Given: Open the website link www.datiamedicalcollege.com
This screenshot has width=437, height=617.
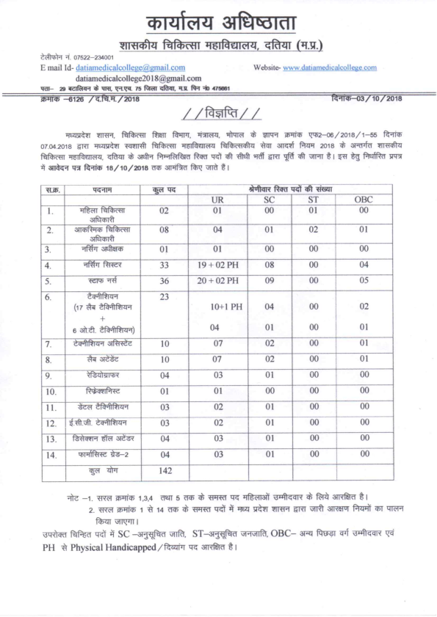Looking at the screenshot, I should (330, 67).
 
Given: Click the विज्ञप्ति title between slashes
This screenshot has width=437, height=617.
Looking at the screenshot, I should (220, 115).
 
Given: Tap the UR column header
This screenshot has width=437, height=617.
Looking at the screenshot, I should (217, 200).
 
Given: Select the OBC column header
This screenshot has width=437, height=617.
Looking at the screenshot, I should (363, 200).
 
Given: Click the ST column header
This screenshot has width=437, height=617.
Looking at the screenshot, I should (313, 200).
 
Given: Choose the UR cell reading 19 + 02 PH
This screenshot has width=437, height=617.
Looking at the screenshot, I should (217, 265).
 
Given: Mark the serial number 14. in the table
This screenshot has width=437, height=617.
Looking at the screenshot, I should (51, 456).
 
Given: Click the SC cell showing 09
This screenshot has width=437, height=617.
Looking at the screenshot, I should (269, 281).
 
